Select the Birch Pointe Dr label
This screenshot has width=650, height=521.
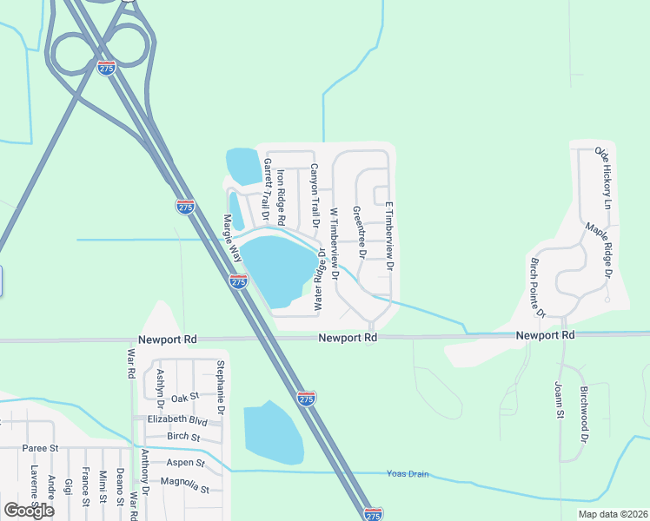click(x=536, y=287)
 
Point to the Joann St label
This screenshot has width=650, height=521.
click(x=560, y=399)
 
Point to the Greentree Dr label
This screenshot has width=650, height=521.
click(x=357, y=233)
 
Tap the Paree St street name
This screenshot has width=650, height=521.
click(x=40, y=448)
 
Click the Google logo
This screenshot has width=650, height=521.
click(x=29, y=510)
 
